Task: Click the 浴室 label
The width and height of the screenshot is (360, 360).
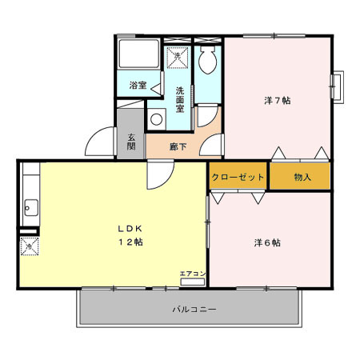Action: click(138, 85)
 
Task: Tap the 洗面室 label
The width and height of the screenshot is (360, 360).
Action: click(181, 99)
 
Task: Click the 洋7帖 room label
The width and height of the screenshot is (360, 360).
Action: click(277, 100)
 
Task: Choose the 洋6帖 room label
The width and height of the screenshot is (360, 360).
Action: click(266, 242)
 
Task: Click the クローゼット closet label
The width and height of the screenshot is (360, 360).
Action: click(238, 177)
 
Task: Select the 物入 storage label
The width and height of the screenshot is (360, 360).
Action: click(302, 177)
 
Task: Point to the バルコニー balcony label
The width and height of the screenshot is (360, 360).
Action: click(194, 308)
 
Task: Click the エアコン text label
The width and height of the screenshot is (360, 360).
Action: click(192, 274)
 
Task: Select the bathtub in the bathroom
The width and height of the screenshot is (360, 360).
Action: click(138, 56)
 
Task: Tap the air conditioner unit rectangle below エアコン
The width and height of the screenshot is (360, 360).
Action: click(193, 282)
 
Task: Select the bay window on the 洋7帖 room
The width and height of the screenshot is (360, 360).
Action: click(338, 86)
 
